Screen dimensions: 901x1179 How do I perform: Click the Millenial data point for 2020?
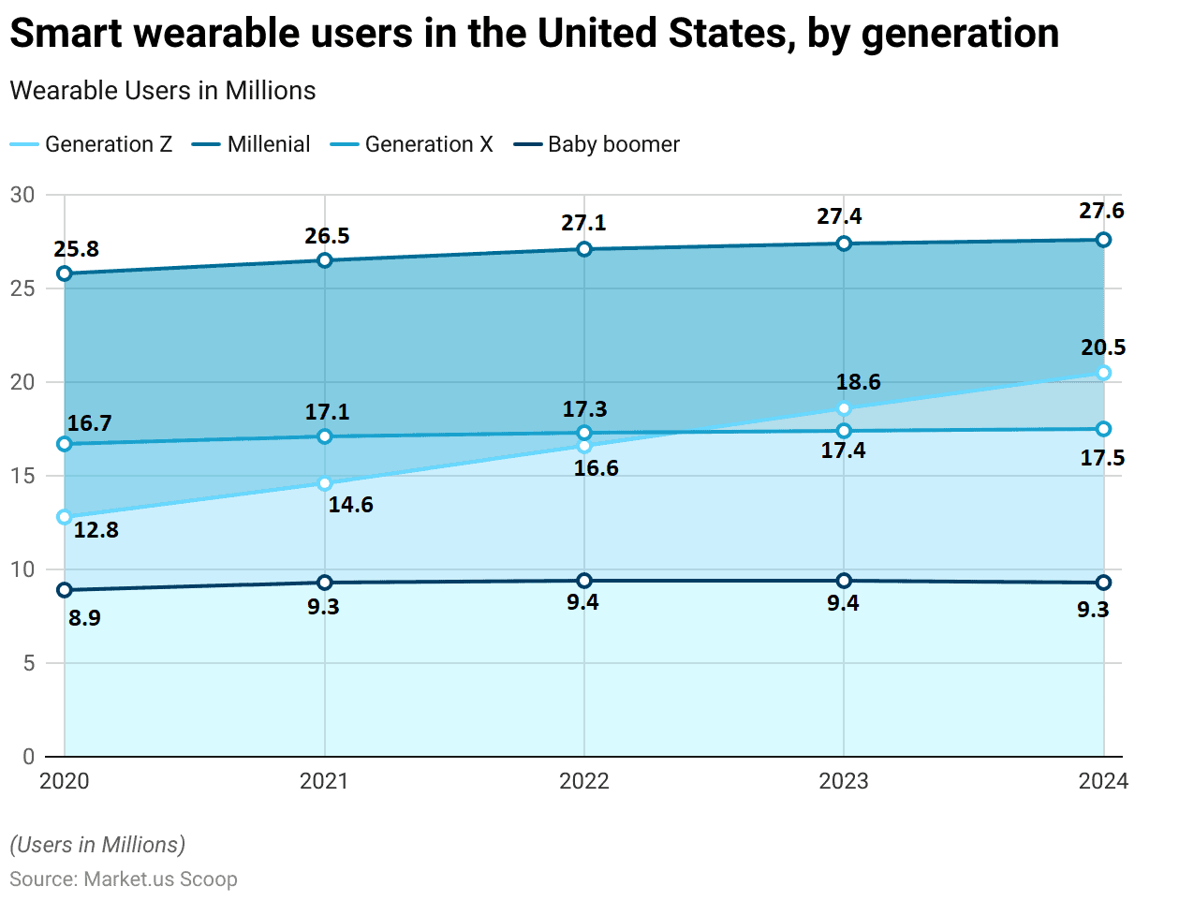(65, 273)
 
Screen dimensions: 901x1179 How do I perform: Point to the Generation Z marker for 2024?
(1103, 373)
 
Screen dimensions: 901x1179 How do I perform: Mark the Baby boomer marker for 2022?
(584, 581)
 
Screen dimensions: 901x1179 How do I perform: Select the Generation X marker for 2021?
(325, 436)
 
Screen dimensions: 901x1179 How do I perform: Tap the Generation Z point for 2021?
(325, 483)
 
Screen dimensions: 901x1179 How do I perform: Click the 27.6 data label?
(1101, 211)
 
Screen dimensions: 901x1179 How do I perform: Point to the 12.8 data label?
(96, 530)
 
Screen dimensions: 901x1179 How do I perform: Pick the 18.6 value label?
(858, 382)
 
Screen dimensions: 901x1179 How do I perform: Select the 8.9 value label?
(84, 618)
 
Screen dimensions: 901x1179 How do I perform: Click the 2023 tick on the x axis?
(844, 781)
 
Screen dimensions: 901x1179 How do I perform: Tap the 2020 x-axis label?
(65, 781)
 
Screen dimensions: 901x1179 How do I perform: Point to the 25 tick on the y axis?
(22, 288)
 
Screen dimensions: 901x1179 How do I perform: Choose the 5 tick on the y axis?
(28, 663)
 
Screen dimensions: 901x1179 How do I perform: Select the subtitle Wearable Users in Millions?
(163, 91)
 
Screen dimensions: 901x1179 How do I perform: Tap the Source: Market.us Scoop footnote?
(124, 879)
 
